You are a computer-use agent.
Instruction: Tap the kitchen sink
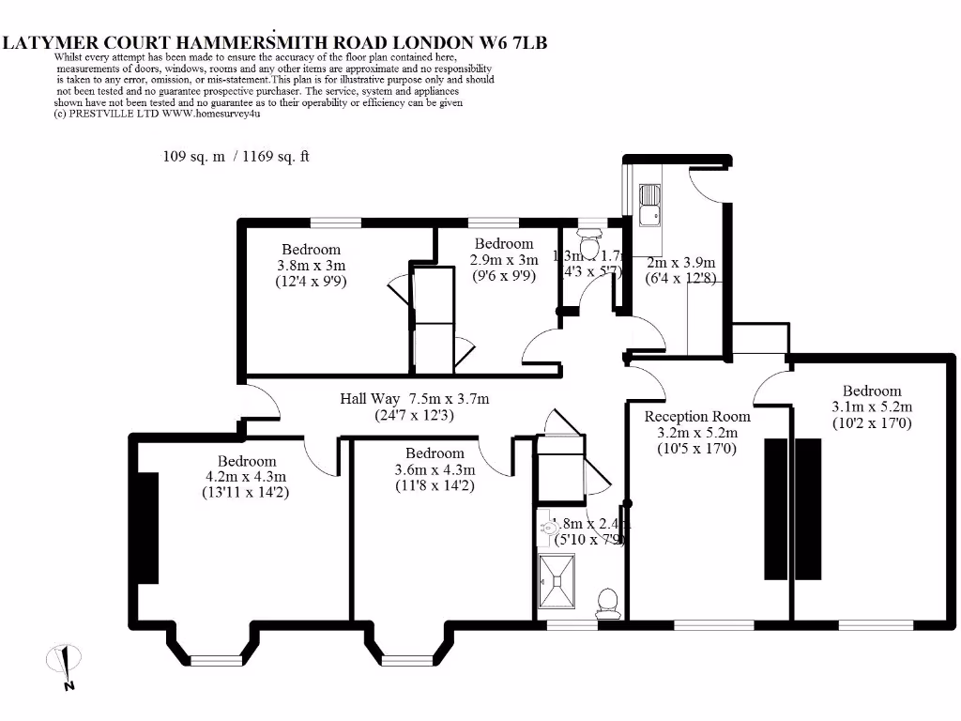[649, 206]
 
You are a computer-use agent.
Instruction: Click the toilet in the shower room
[607, 601]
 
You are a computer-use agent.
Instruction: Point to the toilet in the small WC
[590, 246]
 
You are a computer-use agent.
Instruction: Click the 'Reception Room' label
[697, 416]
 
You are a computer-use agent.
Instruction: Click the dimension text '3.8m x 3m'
[312, 266]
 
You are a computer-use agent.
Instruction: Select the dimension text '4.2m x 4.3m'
[247, 477]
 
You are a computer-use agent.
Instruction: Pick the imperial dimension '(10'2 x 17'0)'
[872, 423]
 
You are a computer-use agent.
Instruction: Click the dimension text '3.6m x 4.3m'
[435, 469]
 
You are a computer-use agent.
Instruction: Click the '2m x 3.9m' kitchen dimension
[681, 262]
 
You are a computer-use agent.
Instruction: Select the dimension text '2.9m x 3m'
[504, 260]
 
